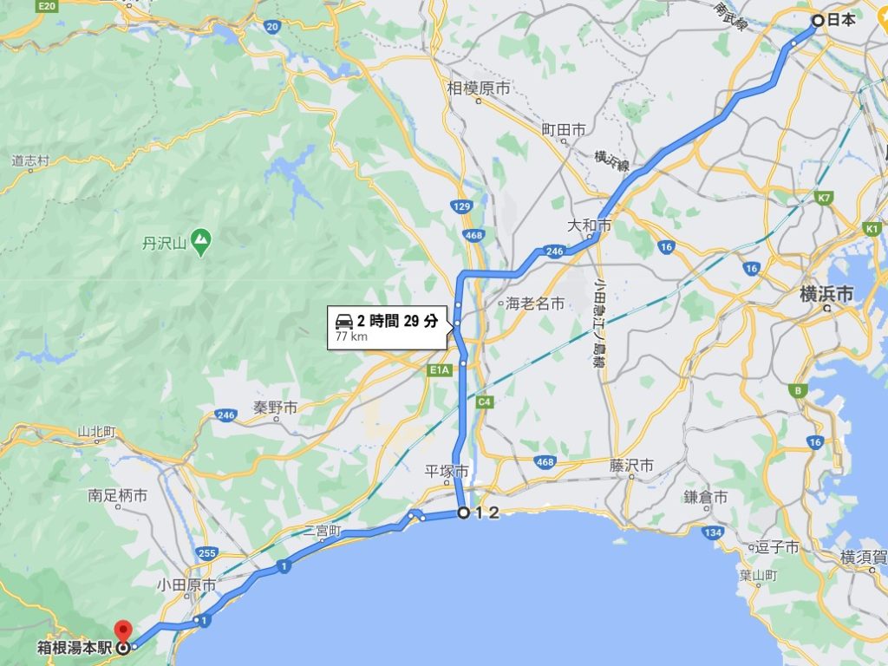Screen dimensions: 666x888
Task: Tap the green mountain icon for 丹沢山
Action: click(201, 237)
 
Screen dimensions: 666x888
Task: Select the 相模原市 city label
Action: click(479, 88)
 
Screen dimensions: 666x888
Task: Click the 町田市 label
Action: click(564, 129)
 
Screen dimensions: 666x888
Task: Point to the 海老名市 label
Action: click(535, 304)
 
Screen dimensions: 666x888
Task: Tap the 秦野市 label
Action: click(276, 407)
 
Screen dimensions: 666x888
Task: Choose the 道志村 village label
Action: click(31, 160)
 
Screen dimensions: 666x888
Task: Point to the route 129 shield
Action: click(461, 206)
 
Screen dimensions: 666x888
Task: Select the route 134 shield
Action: click(714, 532)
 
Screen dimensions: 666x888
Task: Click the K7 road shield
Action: click(823, 199)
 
